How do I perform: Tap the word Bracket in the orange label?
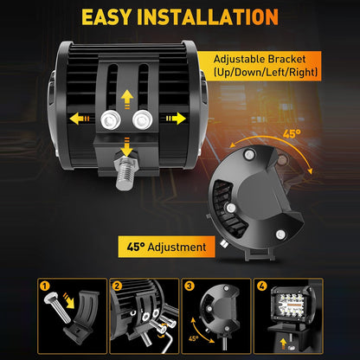[286, 59]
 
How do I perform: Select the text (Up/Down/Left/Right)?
[266, 72]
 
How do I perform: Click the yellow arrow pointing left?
[80, 119]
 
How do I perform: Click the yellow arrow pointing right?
[176, 119]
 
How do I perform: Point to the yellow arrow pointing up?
[127, 100]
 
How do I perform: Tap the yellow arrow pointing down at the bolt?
[126, 147]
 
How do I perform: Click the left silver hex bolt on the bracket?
[111, 120]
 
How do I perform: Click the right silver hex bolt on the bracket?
[143, 119]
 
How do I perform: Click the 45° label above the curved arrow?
[292, 134]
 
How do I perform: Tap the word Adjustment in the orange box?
[177, 247]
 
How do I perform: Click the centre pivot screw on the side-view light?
[231, 208]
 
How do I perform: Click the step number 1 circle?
[45, 286]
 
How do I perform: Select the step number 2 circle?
[117, 286]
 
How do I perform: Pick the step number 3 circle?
[189, 286]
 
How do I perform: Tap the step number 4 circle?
[261, 286]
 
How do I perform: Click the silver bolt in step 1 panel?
[57, 307]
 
